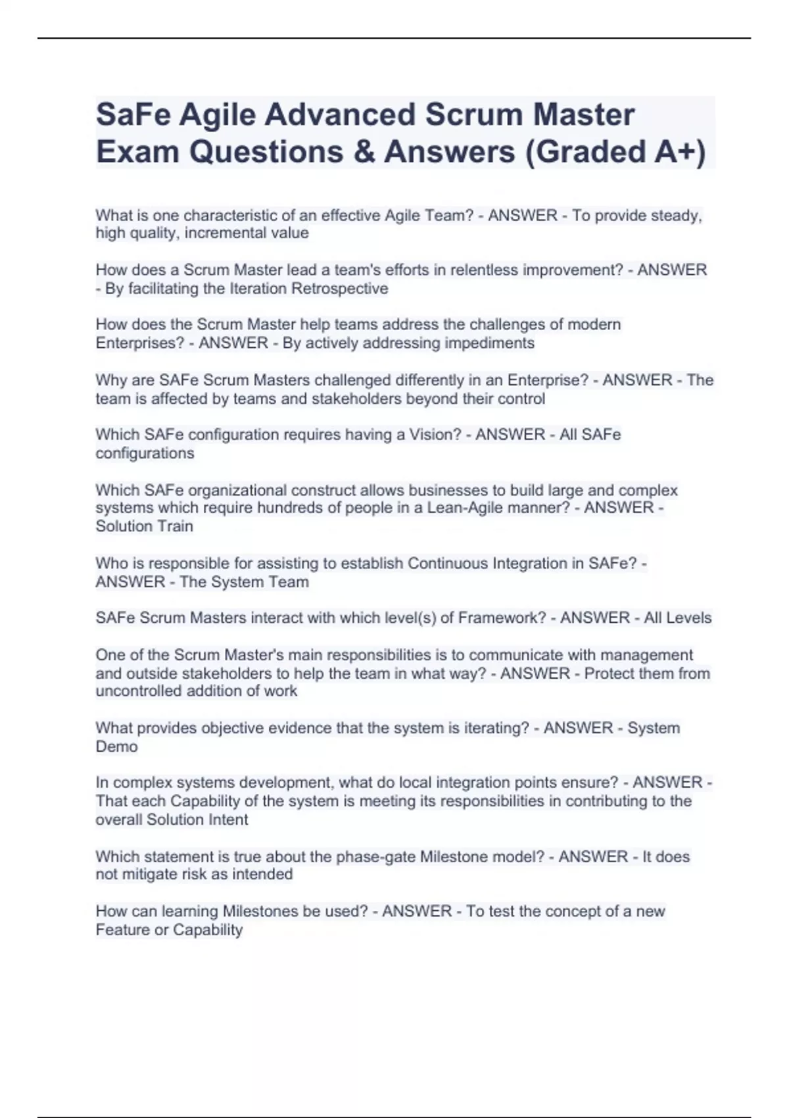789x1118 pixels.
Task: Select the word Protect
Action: [608, 673]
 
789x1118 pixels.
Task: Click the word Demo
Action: [117, 746]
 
